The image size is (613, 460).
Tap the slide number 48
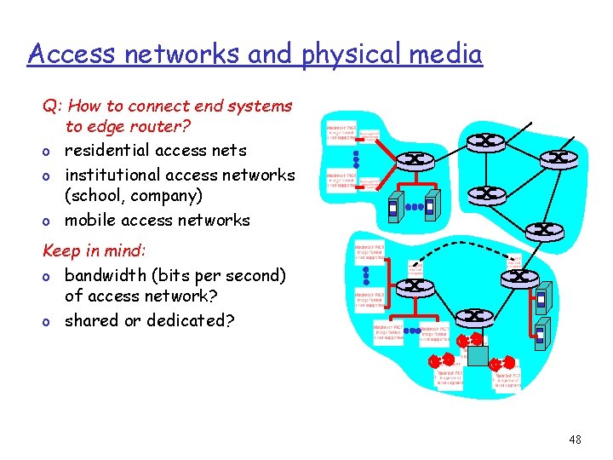[x=575, y=440]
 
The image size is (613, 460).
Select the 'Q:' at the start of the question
[x=53, y=106]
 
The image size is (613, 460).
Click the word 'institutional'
[x=112, y=175]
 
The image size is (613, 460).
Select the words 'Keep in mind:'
[x=95, y=252]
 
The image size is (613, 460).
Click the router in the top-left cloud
[x=416, y=158]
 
